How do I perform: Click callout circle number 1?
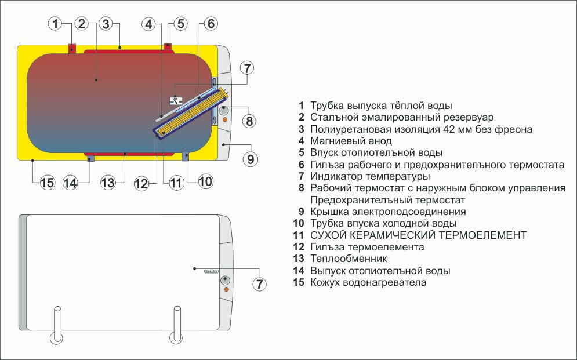click(55, 24)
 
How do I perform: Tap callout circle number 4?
click(150, 24)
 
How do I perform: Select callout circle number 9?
click(250, 158)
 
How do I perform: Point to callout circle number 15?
click(48, 183)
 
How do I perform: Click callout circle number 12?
click(141, 183)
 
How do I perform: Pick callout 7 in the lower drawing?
click(260, 284)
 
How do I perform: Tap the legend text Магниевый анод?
click(351, 141)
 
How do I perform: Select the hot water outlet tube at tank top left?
click(71, 48)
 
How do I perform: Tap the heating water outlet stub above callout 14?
click(90, 158)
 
